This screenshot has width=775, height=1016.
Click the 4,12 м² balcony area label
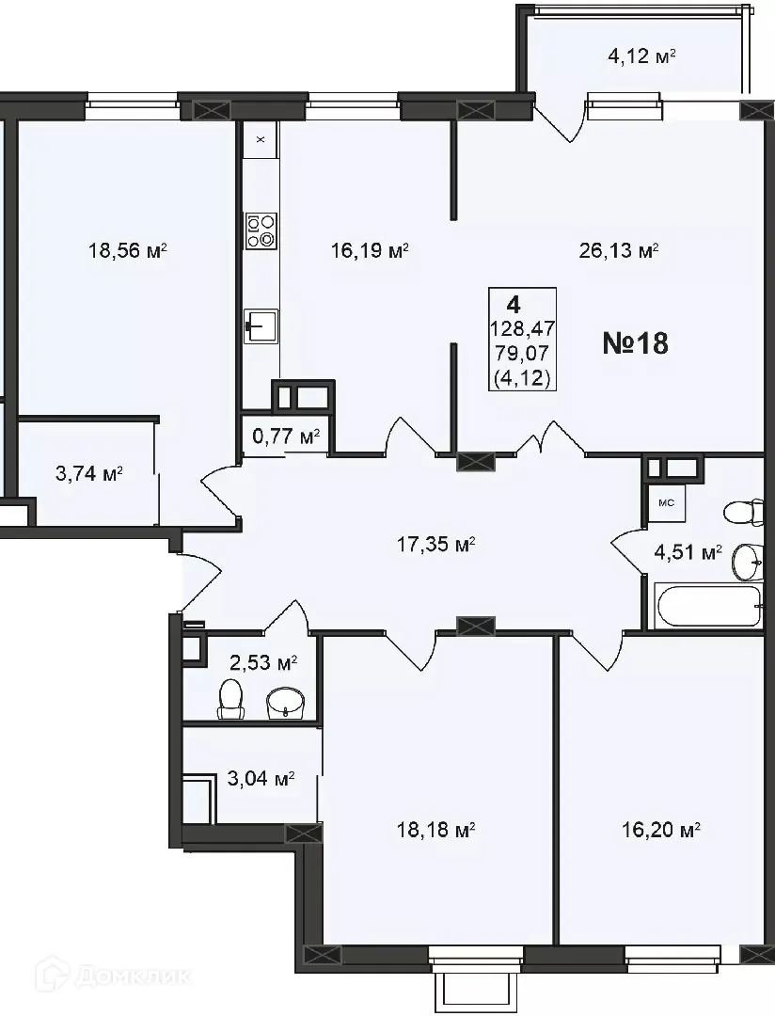tap(642, 56)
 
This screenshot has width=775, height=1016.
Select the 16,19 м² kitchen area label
tap(370, 251)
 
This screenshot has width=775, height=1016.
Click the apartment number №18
tap(635, 343)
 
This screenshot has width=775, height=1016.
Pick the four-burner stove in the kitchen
tap(261, 230)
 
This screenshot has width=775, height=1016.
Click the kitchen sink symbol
tap(260, 327)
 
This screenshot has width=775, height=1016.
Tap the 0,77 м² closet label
tap(286, 437)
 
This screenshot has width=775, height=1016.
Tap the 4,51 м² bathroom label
tap(688, 551)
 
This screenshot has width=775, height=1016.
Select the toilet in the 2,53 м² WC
tap(230, 699)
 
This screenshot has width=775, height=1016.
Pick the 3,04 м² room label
tap(261, 779)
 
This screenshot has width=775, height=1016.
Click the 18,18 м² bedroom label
tap(434, 830)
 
